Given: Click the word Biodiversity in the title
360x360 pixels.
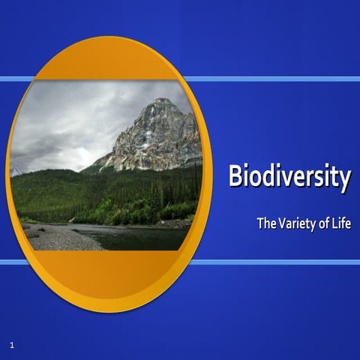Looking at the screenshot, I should coord(289,178).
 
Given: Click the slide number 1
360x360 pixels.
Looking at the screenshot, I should coord(13,344).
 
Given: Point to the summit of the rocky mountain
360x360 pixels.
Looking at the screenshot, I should coord(159,102).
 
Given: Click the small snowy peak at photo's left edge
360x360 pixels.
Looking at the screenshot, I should coord(15,172).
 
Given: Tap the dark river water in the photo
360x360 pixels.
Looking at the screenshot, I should coord(142,238).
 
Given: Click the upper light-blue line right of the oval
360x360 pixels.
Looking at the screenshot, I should coord(277,79).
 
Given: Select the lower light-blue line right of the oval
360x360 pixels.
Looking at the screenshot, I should coord(277,262).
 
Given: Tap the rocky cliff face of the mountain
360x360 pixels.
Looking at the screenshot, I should coord(161,139).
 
